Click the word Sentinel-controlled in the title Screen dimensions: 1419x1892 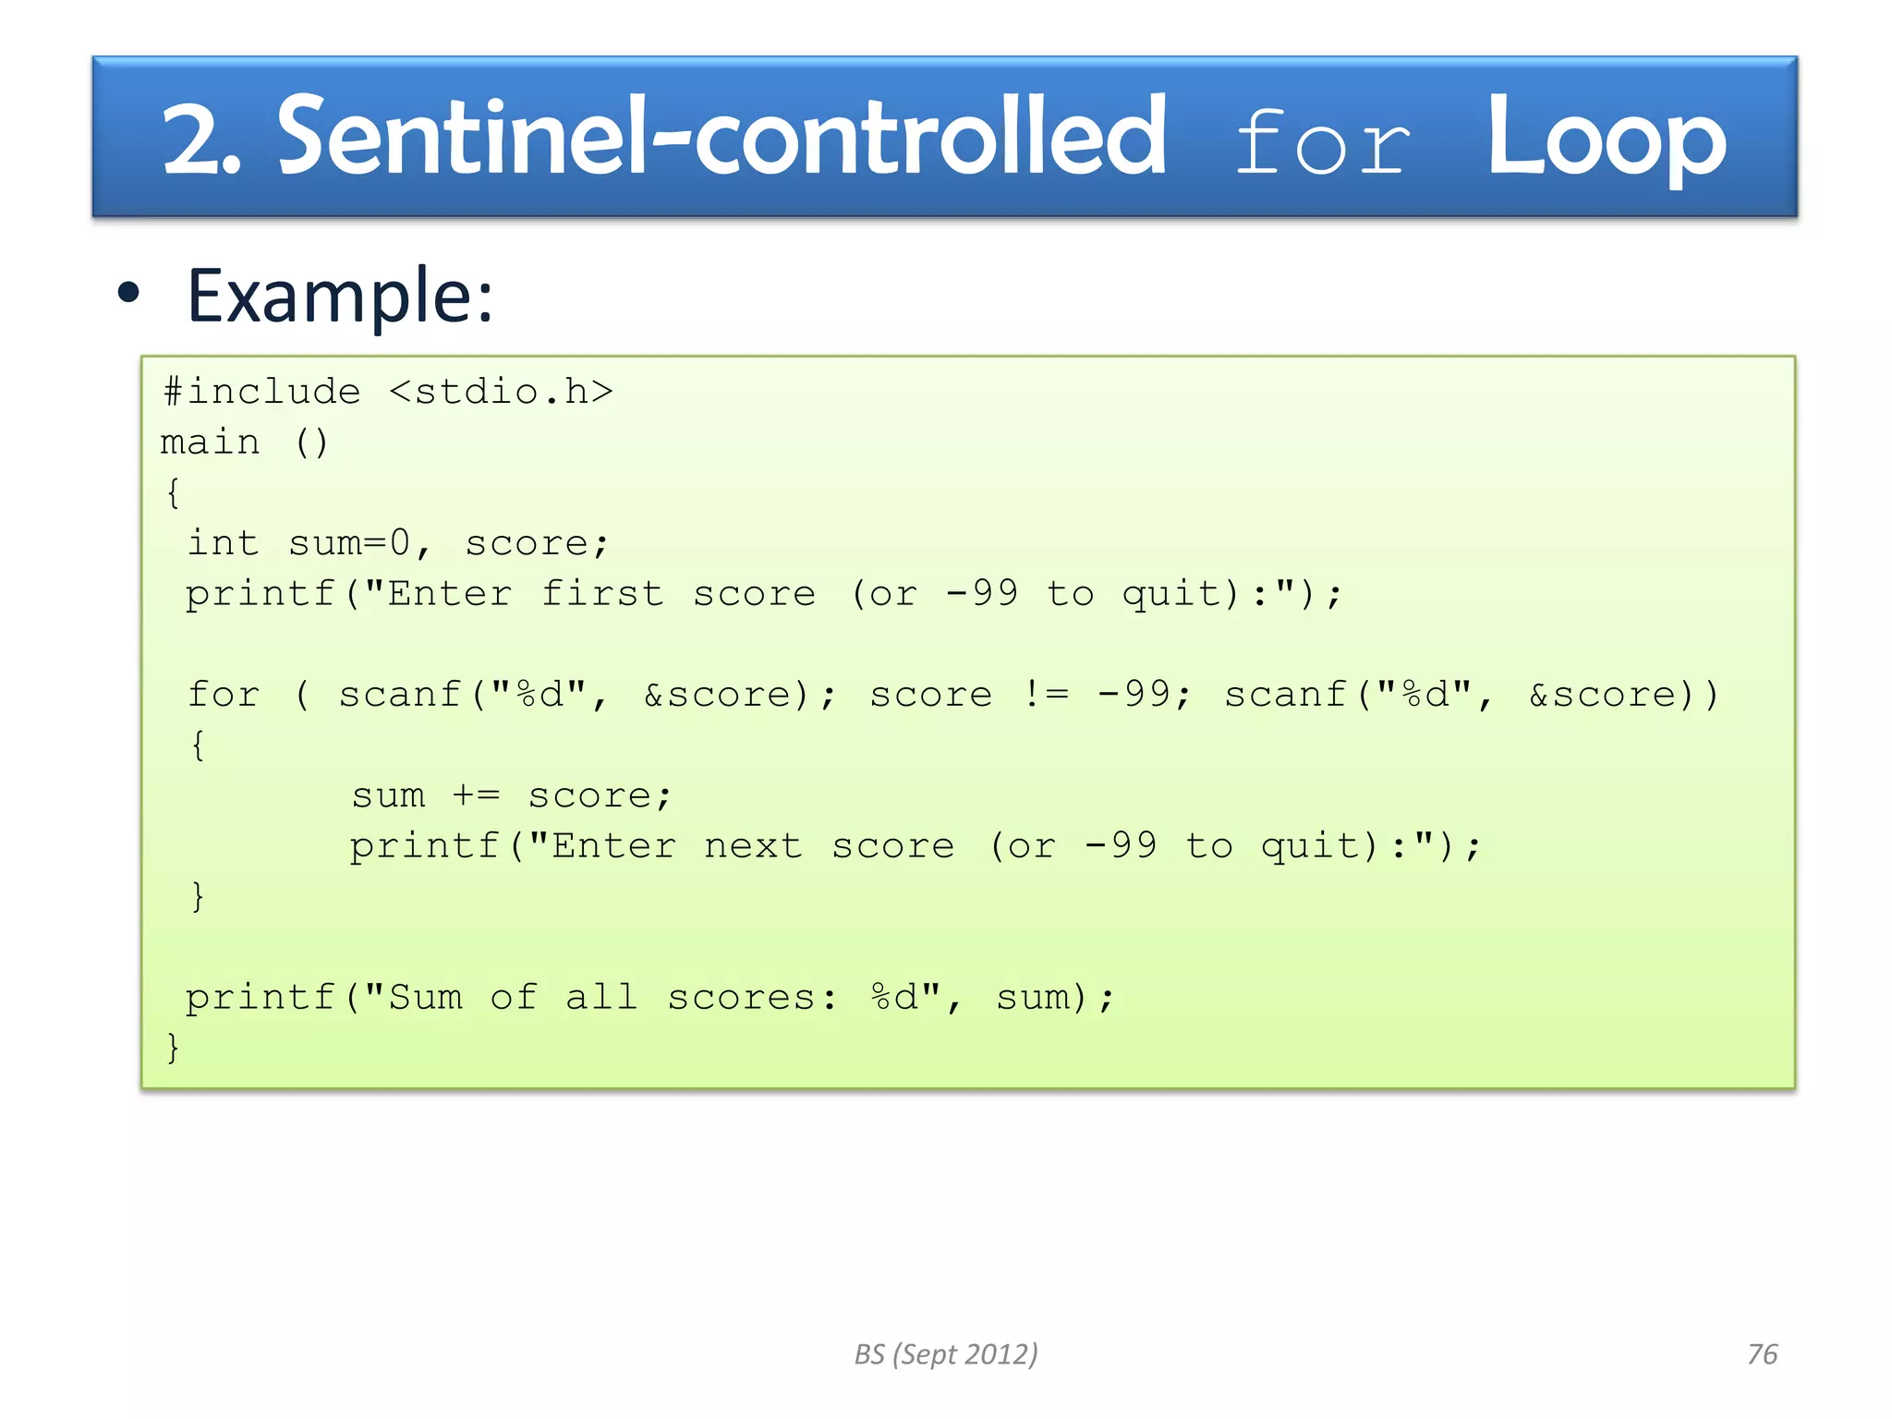pyautogui.click(x=722, y=139)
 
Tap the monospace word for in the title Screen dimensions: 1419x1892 pyautogui.click(x=1322, y=143)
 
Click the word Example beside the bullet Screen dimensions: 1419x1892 pyautogui.click(x=339, y=296)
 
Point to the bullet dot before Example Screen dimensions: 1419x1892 pyautogui.click(x=128, y=293)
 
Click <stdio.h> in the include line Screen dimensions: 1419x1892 pyautogui.click(x=501, y=392)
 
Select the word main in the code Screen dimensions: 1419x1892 pyautogui.click(x=211, y=443)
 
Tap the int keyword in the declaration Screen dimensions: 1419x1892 pyautogui.click(x=223, y=542)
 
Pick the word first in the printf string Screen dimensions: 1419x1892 pyautogui.click(x=602, y=593)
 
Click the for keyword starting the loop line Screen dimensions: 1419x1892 pyautogui.click(x=224, y=694)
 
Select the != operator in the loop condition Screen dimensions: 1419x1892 pyautogui.click(x=1046, y=694)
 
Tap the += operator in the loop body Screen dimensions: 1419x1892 pyautogui.click(x=476, y=795)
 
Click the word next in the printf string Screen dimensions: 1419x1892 pyautogui.click(x=753, y=845)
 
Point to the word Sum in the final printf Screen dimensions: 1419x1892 pyautogui.click(x=425, y=997)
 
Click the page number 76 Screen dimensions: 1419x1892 pyautogui.click(x=1762, y=1354)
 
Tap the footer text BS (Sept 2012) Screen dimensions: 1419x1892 pyautogui.click(x=946, y=1354)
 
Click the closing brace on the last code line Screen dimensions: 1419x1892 pyautogui.click(x=173, y=1048)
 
